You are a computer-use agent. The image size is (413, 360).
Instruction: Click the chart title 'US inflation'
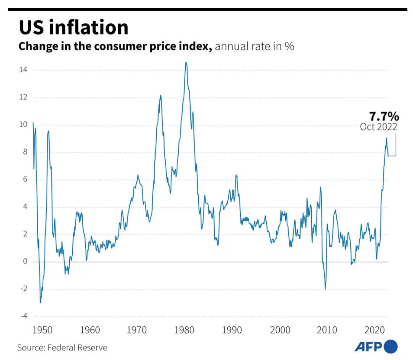[73, 27]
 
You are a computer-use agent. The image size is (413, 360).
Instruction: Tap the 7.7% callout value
[384, 116]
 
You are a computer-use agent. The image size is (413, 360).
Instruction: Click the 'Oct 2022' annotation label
[378, 127]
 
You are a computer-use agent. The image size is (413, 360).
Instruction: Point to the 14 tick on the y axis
[23, 70]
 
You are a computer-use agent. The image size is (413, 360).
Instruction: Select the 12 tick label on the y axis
[23, 97]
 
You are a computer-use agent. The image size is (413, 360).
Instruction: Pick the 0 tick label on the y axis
[25, 261]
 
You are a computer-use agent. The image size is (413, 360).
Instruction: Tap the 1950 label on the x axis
[43, 330]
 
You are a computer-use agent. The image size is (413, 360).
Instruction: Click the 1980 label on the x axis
[185, 330]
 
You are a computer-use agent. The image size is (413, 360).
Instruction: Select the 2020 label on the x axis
[374, 330]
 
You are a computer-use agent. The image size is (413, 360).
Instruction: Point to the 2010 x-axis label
[327, 330]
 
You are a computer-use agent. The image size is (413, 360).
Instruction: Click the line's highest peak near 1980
[186, 63]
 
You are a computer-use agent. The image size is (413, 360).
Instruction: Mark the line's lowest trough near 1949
[40, 302]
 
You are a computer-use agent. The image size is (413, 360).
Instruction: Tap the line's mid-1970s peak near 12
[160, 96]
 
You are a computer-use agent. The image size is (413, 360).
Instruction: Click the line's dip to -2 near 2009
[325, 289]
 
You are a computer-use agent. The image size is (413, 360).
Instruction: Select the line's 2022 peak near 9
[386, 138]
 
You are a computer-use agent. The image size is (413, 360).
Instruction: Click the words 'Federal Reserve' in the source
[77, 347]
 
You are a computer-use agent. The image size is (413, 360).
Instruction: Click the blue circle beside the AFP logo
[390, 347]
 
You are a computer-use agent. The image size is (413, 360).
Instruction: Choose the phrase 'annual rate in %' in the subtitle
[254, 46]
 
